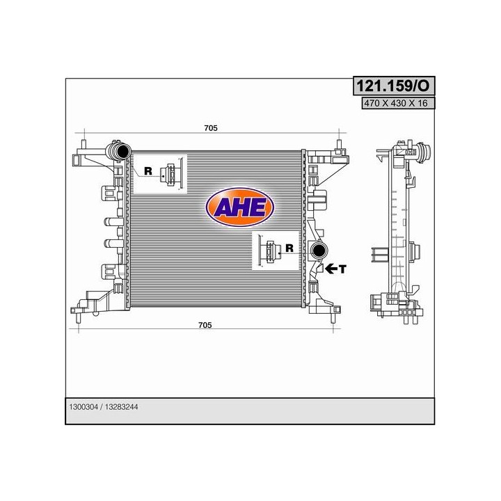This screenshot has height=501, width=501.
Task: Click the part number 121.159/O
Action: click(x=393, y=86)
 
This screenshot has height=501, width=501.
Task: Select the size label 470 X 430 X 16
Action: click(x=395, y=103)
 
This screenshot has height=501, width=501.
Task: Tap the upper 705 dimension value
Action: click(x=211, y=128)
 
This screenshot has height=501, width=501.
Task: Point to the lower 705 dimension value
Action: click(x=205, y=325)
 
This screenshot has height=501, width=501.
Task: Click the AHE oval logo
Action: click(x=240, y=207)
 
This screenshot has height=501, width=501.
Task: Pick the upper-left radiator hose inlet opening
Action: click(x=123, y=150)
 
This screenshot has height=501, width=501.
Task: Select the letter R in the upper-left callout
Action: click(x=148, y=171)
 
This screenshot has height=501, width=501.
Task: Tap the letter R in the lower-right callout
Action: click(x=289, y=248)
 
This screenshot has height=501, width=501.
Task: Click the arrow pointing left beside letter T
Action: click(x=331, y=269)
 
